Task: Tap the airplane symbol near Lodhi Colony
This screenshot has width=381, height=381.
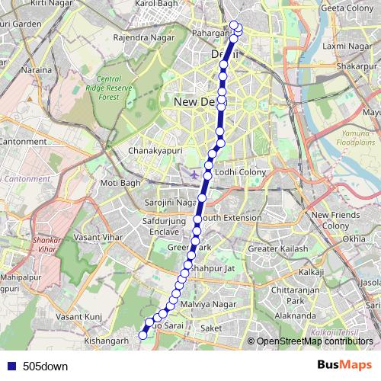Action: click(194, 174)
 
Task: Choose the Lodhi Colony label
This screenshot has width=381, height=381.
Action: click(239, 173)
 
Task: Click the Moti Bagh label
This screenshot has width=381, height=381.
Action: click(120, 184)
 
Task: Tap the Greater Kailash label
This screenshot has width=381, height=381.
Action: click(278, 248)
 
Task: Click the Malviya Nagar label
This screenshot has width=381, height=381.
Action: click(205, 304)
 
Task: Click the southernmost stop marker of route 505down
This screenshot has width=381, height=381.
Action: click(142, 335)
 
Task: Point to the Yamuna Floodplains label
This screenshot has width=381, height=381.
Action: click(354, 137)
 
